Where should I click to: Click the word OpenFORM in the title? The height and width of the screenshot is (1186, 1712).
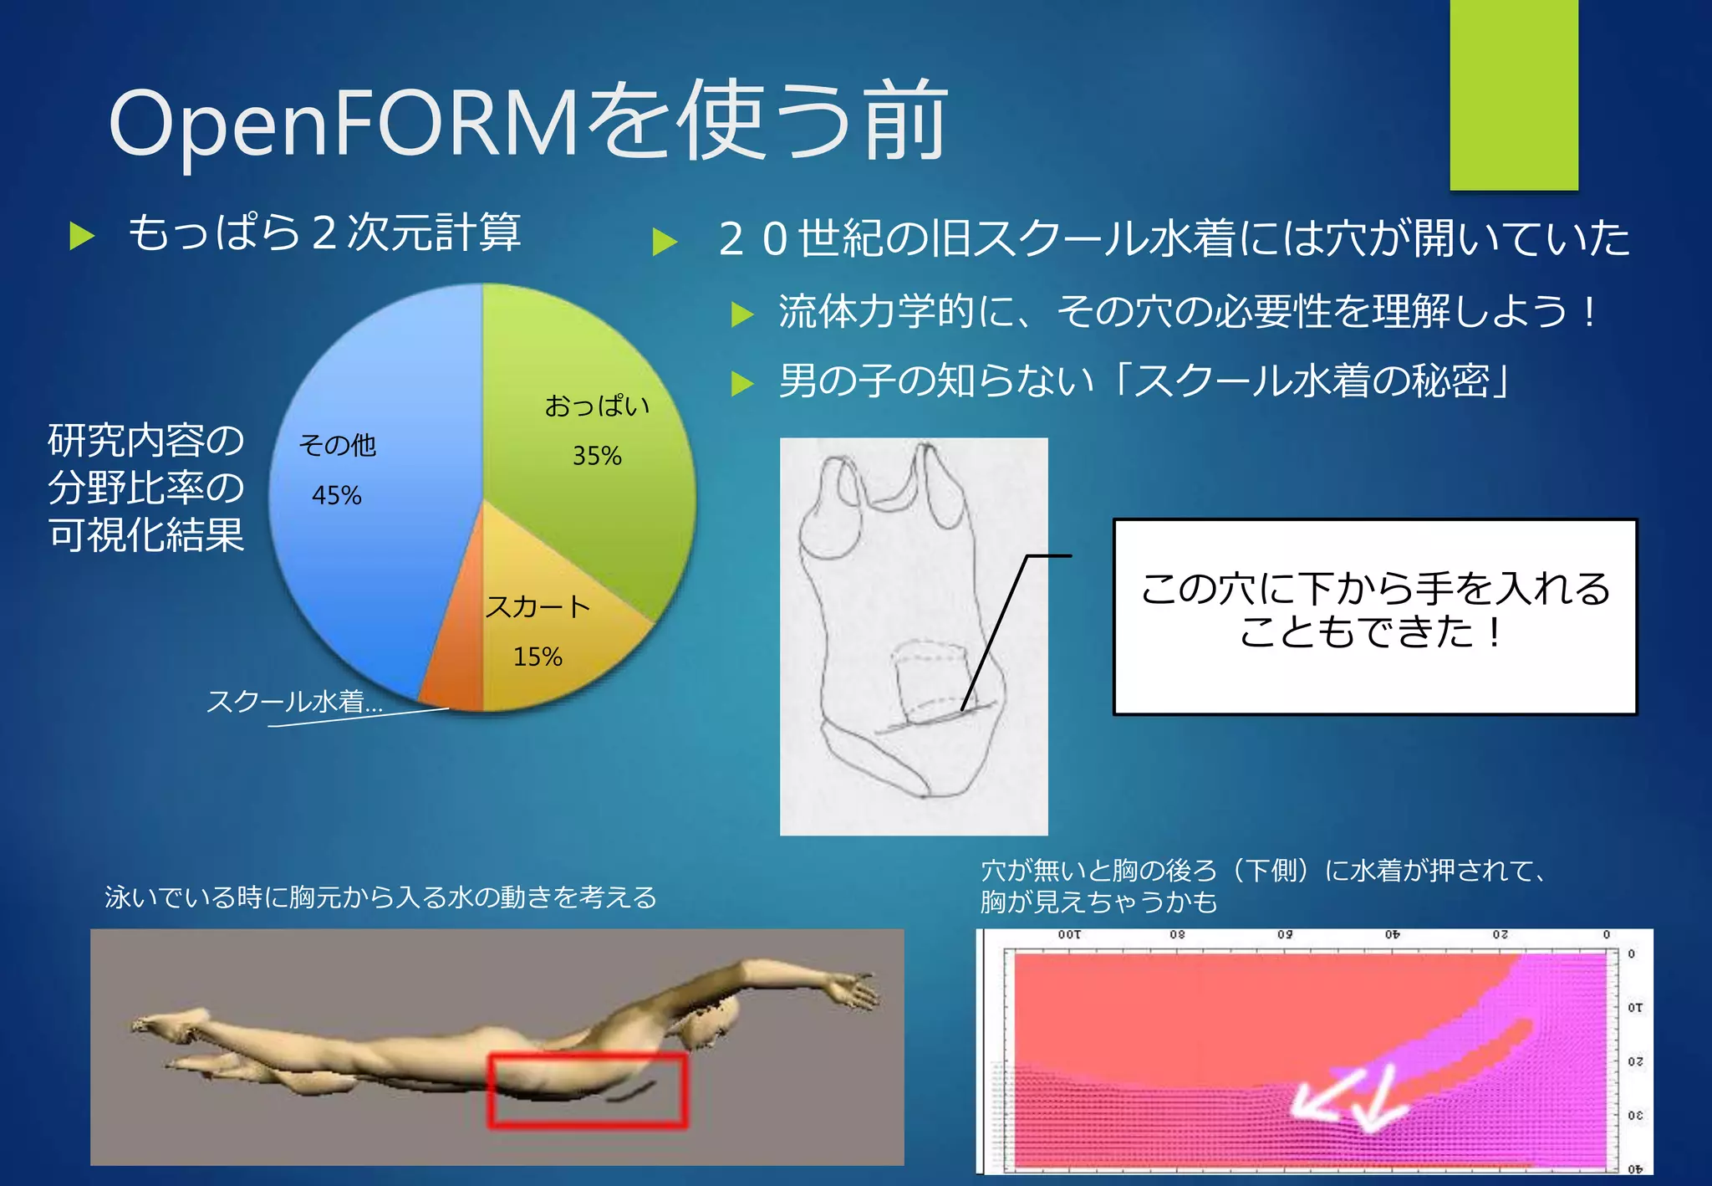tap(343, 124)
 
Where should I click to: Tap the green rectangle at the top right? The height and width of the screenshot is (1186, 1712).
tap(1513, 94)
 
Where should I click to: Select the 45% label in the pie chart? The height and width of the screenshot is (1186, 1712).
tap(336, 495)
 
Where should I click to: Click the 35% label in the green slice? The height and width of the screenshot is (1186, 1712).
tap(597, 456)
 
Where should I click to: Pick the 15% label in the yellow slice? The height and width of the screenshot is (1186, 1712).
tap(538, 657)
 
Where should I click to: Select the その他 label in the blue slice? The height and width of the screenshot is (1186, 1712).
tap(338, 445)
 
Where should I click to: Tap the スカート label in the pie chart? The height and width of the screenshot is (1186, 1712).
tap(538, 606)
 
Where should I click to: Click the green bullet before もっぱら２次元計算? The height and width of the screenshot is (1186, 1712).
tap(82, 236)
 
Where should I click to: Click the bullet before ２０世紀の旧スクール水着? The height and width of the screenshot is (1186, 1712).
tap(665, 241)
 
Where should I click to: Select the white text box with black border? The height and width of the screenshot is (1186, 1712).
tap(1374, 616)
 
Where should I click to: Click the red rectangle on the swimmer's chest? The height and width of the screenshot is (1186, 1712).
tap(588, 1090)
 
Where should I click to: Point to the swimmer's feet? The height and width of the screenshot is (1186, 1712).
tap(167, 1025)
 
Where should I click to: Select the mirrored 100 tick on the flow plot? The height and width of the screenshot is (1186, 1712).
tap(1069, 935)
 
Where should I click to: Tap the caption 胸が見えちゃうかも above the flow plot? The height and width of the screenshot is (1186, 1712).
tap(1098, 902)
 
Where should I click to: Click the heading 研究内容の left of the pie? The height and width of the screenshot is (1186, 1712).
tap(145, 440)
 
